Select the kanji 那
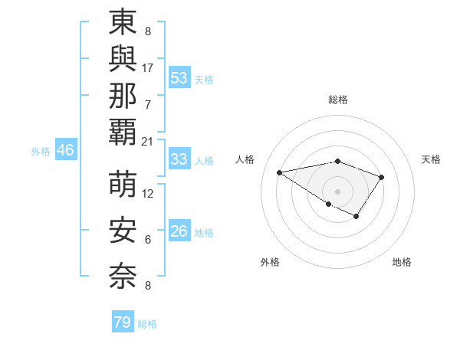[123, 96]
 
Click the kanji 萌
[123, 185]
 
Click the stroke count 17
[148, 67]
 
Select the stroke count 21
[148, 141]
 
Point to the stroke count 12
[148, 194]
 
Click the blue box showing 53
[179, 77]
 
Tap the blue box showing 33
[179, 159]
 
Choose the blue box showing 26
[179, 231]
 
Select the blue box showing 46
[65, 150]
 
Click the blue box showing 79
[123, 322]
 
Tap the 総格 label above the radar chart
[338, 100]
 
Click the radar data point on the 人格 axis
[280, 172]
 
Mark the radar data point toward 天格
[382, 178]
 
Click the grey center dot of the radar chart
[337, 191]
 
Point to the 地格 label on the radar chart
[402, 262]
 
